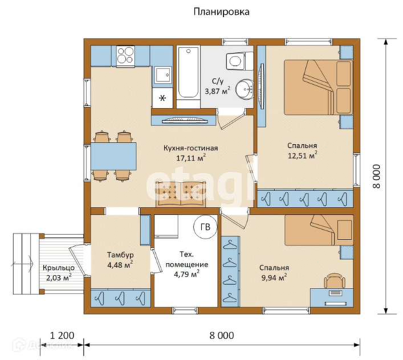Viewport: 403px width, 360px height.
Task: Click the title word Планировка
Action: click(221, 12)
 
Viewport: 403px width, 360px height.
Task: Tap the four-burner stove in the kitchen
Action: click(125, 56)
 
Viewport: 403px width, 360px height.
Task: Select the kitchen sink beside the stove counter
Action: click(162, 75)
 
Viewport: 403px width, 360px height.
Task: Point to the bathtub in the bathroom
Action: click(188, 73)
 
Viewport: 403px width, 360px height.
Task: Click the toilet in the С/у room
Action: click(239, 60)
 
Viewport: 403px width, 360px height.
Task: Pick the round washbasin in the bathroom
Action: click(245, 89)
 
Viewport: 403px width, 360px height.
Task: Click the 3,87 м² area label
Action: click(217, 91)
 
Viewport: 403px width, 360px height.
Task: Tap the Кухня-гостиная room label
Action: click(191, 148)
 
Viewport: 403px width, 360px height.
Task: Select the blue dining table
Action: click(113, 156)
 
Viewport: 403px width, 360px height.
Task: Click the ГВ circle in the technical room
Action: click(205, 227)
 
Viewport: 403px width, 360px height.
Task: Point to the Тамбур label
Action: click(120, 255)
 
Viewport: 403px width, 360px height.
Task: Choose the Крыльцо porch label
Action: click(59, 268)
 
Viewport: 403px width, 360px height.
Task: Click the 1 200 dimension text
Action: click(62, 336)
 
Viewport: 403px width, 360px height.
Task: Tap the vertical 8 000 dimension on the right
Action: click(376, 177)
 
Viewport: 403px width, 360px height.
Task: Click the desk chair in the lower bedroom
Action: click(335, 281)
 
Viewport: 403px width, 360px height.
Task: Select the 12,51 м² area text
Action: click(302, 155)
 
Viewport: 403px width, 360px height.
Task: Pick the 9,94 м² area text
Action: click(274, 277)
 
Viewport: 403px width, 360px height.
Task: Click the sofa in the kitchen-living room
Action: click(181, 194)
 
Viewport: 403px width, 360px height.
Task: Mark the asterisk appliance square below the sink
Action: click(162, 98)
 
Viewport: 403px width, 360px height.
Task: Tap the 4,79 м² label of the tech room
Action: click(186, 274)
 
